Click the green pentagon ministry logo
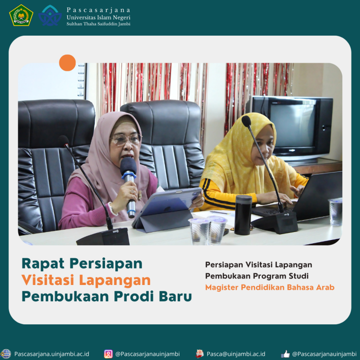pyautogui.click(x=21, y=15)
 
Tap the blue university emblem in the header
pyautogui.click(x=50, y=15)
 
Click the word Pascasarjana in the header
pyautogui.click(x=98, y=10)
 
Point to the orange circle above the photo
pyautogui.click(x=67, y=63)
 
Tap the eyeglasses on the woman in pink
pyautogui.click(x=126, y=139)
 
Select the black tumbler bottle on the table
pyautogui.click(x=243, y=215)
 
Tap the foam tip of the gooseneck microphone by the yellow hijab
pyautogui.click(x=246, y=121)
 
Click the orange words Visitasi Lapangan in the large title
pyautogui.click(x=86, y=280)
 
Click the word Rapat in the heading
pyautogui.click(x=43, y=263)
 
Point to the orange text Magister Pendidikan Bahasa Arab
pyautogui.click(x=270, y=287)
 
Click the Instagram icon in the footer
pyautogui.click(x=108, y=354)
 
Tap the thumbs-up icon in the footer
pyautogui.click(x=285, y=354)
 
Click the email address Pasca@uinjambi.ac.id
pyautogui.click(x=236, y=354)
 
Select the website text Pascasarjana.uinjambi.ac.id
pyautogui.click(x=52, y=354)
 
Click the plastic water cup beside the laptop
pyautogui.click(x=336, y=212)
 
